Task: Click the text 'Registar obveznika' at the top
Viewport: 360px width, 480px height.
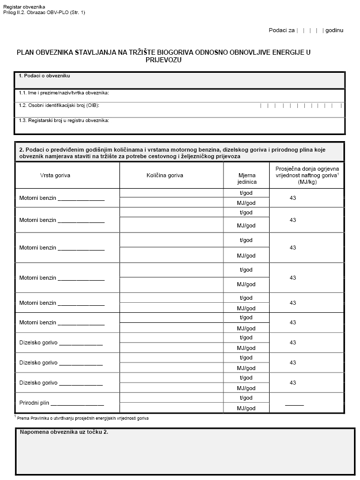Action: point(24,7)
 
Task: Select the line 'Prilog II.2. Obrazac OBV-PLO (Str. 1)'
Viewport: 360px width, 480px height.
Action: point(44,12)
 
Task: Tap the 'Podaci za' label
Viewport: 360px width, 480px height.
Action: point(281,30)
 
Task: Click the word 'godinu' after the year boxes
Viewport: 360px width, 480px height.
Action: point(334,30)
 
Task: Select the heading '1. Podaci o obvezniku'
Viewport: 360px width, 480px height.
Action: point(44,76)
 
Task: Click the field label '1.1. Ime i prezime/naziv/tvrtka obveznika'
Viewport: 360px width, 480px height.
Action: point(64,93)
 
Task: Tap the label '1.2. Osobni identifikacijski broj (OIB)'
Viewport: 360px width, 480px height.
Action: point(59,105)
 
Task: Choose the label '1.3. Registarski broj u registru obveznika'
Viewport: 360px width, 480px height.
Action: point(64,121)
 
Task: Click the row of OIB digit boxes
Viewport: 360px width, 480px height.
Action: point(301,105)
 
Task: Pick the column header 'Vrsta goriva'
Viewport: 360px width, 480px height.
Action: point(55,175)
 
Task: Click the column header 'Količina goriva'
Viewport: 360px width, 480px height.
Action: point(165,175)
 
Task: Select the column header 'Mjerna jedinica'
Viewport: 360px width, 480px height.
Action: point(247,179)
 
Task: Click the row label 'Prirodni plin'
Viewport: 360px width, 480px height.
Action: point(35,403)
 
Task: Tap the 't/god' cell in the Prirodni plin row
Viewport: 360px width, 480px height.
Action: point(246,398)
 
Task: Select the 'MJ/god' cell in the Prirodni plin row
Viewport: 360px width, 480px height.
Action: point(246,408)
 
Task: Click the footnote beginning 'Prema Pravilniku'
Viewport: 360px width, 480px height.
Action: point(83,418)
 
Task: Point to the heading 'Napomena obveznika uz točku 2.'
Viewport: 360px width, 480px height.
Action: point(64,432)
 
